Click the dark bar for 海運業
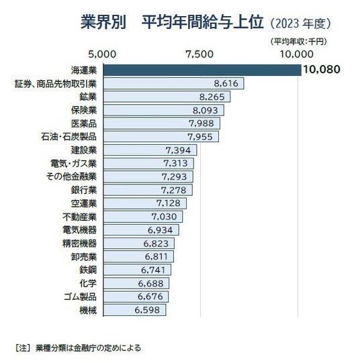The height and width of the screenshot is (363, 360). click(202, 70)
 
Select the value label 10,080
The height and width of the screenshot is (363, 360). click(322, 69)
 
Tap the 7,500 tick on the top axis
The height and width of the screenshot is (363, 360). click(199, 54)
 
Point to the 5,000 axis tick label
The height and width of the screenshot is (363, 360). click(102, 54)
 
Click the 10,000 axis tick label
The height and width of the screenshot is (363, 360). click(296, 54)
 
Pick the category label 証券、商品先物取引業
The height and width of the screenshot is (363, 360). click(56, 84)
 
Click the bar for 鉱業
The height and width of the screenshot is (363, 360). click(167, 97)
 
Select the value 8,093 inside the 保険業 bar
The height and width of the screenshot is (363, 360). click(206, 110)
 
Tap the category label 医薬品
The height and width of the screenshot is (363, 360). click(84, 123)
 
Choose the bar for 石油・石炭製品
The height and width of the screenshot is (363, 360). click(161, 137)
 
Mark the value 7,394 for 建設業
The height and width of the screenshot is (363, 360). click(178, 150)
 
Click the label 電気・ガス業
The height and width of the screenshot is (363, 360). click(73, 164)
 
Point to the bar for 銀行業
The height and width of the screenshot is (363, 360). click(148, 190)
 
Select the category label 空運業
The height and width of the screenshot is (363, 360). click(84, 203)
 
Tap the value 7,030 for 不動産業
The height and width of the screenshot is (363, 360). click(164, 217)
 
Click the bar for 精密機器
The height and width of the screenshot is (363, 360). click(139, 244)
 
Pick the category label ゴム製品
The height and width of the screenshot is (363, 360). click(80, 297)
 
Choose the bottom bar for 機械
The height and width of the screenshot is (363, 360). click(134, 310)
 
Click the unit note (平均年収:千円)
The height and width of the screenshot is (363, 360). click(299, 42)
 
